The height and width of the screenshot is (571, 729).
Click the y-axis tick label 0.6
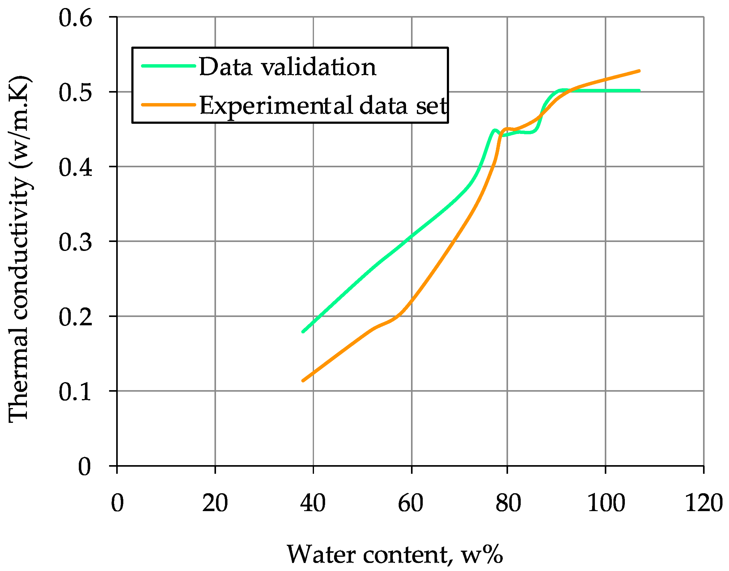point(75,19)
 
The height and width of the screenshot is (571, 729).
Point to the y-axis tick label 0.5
point(75,93)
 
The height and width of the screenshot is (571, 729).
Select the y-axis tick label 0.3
point(75,242)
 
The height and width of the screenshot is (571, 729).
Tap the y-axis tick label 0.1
point(75,392)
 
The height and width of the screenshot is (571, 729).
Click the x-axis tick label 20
point(215,503)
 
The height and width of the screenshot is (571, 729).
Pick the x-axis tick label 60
point(411,503)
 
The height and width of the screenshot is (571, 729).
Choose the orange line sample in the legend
point(168,105)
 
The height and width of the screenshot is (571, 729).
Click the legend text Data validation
point(287,67)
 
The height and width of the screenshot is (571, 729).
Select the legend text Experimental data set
point(323,106)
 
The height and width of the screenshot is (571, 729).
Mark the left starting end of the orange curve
point(303,381)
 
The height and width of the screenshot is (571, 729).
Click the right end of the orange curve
point(639,71)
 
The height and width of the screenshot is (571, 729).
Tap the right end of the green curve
point(639,91)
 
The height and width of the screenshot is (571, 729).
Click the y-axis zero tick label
point(84,466)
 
